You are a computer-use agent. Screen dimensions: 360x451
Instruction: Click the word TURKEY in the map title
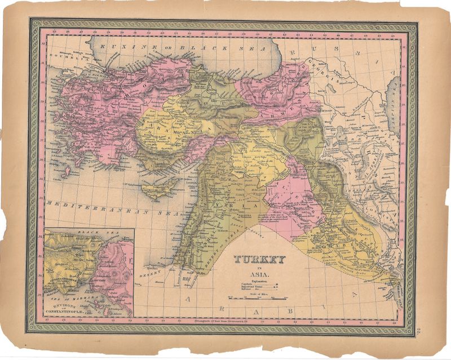[260, 260]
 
